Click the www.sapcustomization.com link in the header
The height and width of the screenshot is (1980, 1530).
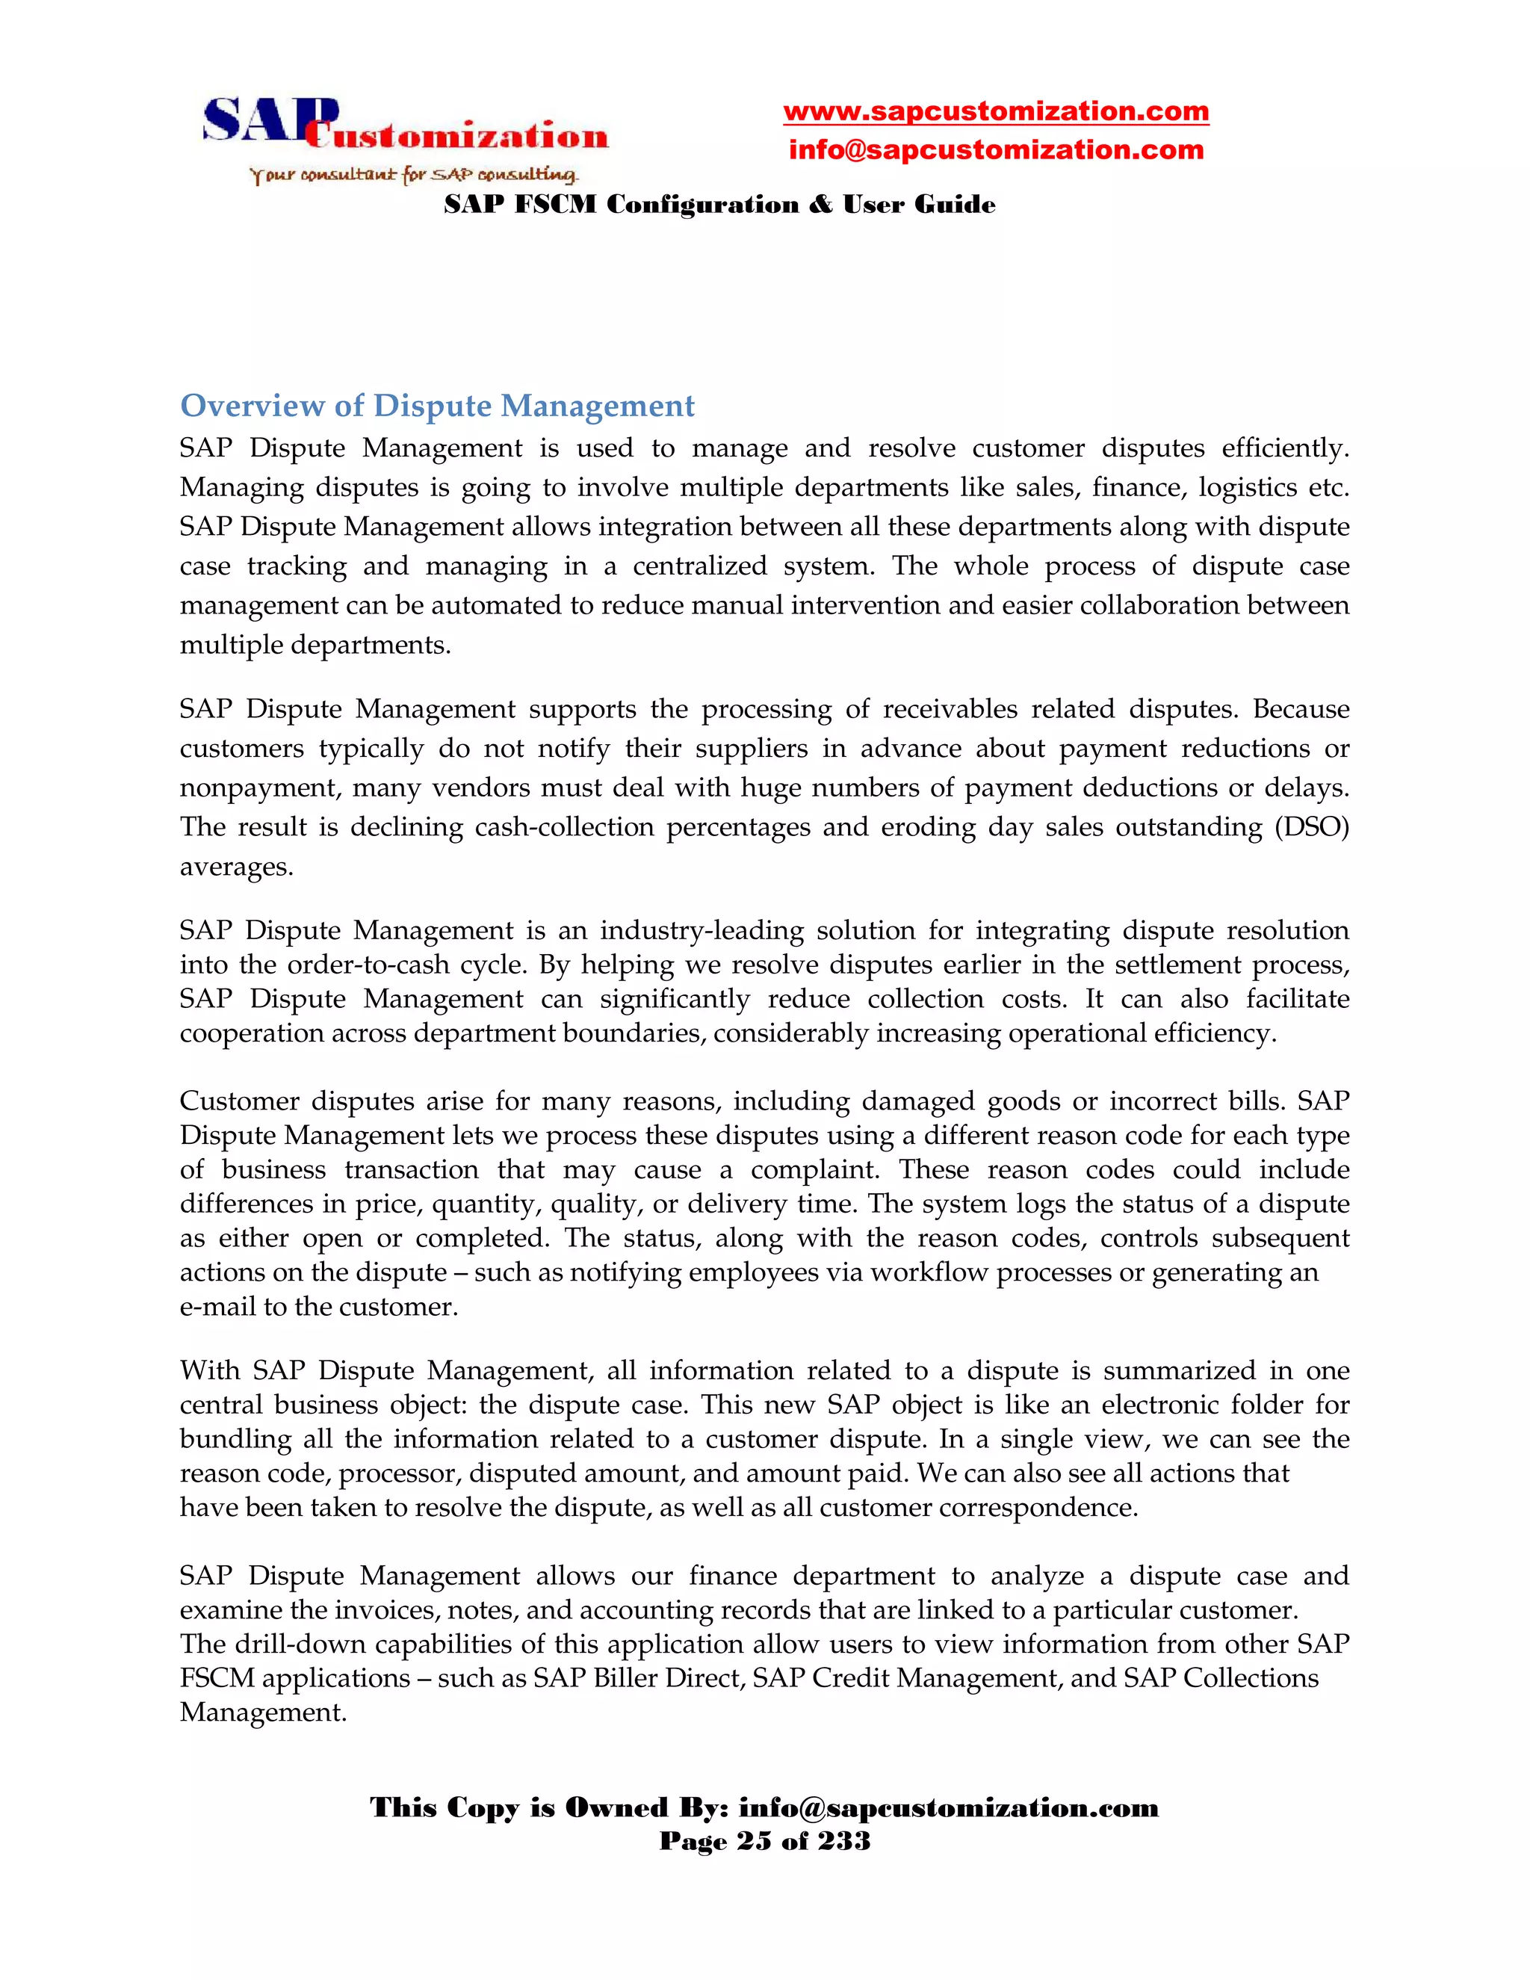click(x=995, y=111)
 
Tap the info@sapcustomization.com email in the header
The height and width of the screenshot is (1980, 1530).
click(x=995, y=149)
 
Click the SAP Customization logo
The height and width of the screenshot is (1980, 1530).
click(x=404, y=126)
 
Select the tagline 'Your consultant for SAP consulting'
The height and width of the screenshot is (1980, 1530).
click(x=414, y=174)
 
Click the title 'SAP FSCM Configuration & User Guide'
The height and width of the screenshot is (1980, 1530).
click(x=719, y=205)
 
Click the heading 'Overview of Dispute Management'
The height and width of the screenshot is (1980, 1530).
click(x=437, y=405)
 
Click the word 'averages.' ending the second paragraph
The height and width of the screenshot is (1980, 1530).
click(x=237, y=867)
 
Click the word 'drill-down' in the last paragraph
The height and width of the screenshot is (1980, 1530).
click(x=302, y=1644)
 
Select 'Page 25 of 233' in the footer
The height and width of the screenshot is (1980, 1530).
click(x=764, y=1841)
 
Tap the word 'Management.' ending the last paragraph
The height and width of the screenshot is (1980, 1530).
click(x=263, y=1713)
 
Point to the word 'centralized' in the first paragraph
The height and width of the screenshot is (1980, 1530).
click(x=700, y=566)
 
